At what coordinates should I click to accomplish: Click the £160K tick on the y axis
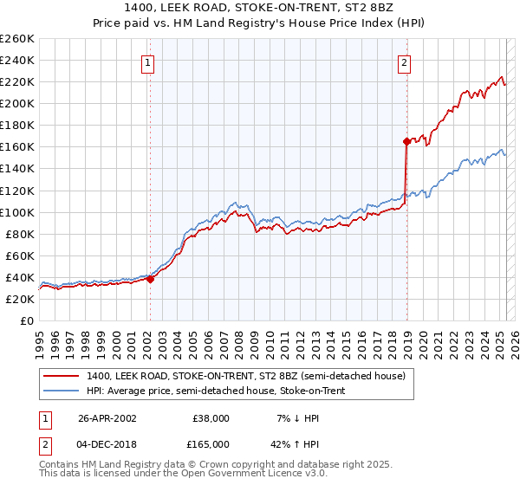[x=17, y=146]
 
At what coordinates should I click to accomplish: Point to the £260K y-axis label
[x=17, y=38]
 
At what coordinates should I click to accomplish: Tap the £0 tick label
[x=26, y=320]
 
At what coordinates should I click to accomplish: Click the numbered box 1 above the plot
[x=149, y=62]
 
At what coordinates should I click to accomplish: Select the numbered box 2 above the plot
[x=405, y=62]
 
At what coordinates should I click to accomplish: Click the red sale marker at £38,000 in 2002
[x=150, y=279]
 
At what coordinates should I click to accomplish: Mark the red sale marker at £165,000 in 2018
[x=406, y=140]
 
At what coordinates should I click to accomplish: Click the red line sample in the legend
[x=62, y=376]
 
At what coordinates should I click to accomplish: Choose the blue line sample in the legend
[x=62, y=391]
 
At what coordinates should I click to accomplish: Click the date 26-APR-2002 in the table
[x=107, y=417]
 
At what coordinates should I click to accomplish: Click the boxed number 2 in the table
[x=43, y=443]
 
